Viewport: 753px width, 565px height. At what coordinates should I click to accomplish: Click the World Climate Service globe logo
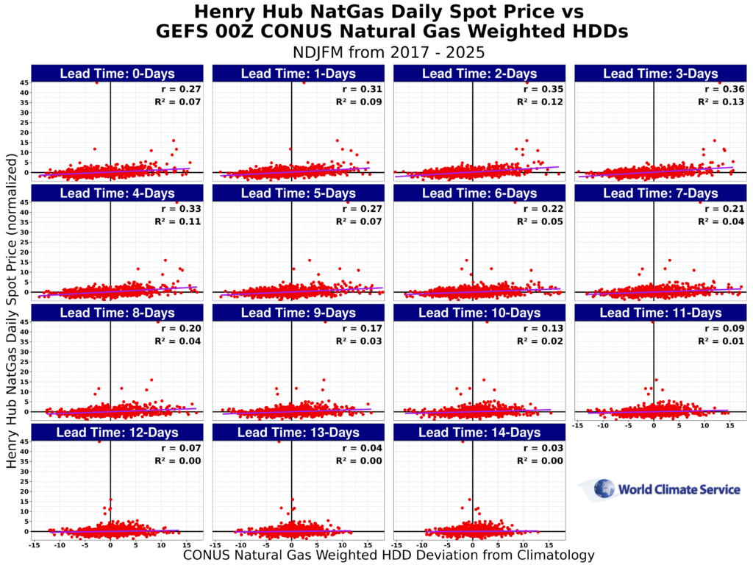(x=604, y=489)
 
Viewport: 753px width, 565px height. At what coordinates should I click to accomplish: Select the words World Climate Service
(x=679, y=490)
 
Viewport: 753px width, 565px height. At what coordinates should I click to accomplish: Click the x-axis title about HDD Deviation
(x=388, y=555)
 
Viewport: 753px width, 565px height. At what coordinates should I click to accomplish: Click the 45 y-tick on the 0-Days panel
(x=25, y=83)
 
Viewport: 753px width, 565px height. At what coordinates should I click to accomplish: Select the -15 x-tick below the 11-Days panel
(x=577, y=425)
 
